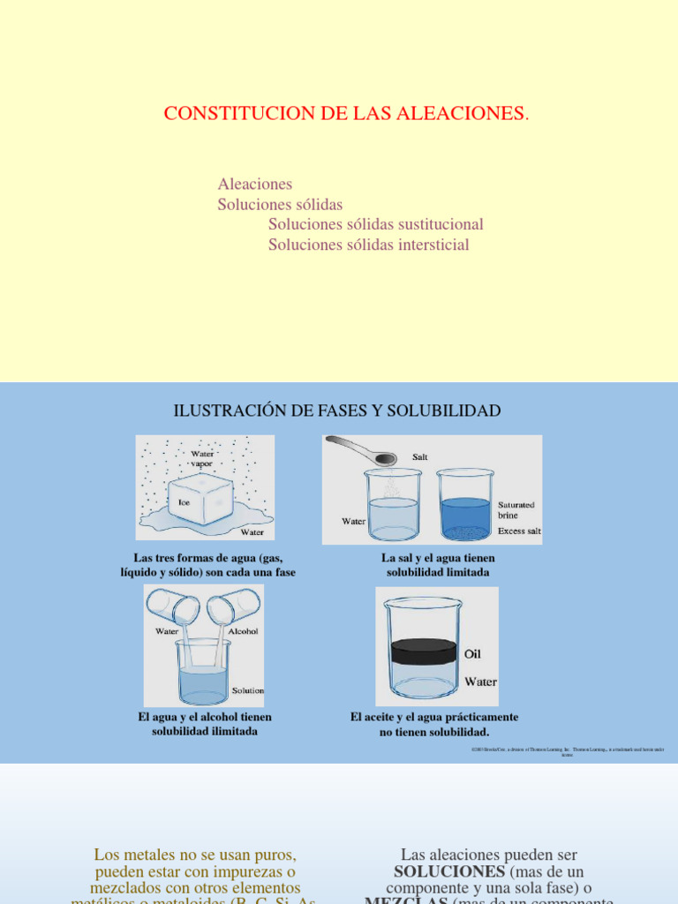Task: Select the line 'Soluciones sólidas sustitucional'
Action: (x=376, y=225)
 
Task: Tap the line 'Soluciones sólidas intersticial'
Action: (x=369, y=245)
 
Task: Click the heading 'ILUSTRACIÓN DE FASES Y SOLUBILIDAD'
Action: (x=337, y=411)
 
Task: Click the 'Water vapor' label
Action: (x=201, y=458)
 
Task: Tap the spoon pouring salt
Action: (x=362, y=449)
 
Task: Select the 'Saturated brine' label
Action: (x=516, y=509)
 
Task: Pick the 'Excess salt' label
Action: (x=519, y=531)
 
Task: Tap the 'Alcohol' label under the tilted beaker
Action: (x=243, y=631)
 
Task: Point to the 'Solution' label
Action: (x=247, y=690)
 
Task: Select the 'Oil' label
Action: (x=472, y=654)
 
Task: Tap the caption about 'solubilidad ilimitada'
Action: (x=204, y=724)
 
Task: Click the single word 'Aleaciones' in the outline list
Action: (x=254, y=185)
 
